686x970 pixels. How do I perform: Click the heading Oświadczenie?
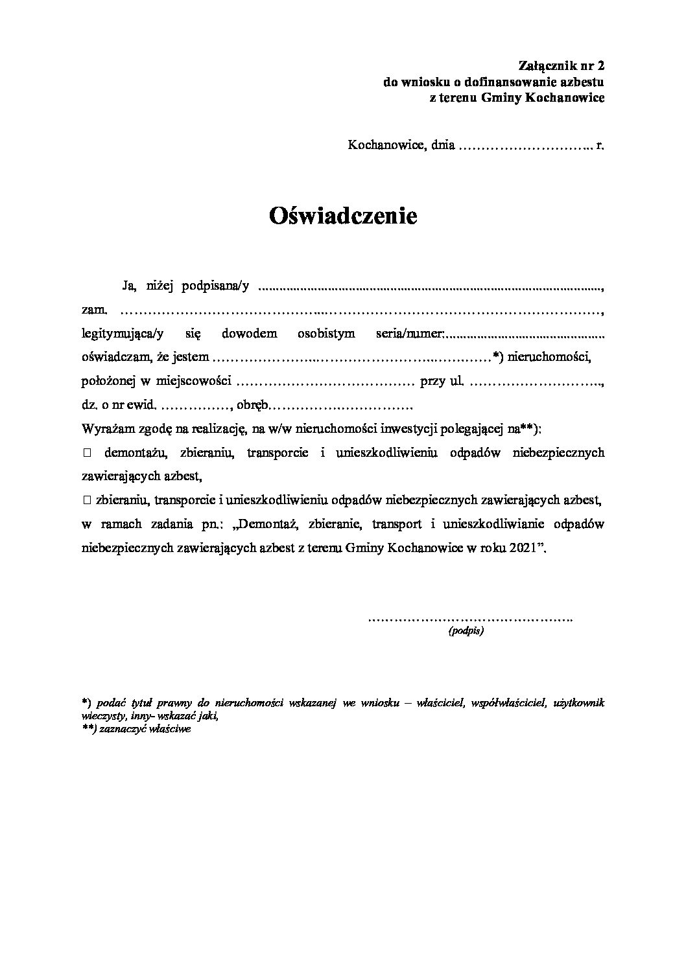pos(343,216)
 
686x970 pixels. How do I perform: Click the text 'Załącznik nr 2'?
pos(562,65)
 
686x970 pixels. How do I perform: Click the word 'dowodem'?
pos(249,334)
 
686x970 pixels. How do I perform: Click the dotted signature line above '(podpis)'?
pos(470,618)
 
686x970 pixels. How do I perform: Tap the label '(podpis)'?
pos(466,630)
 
